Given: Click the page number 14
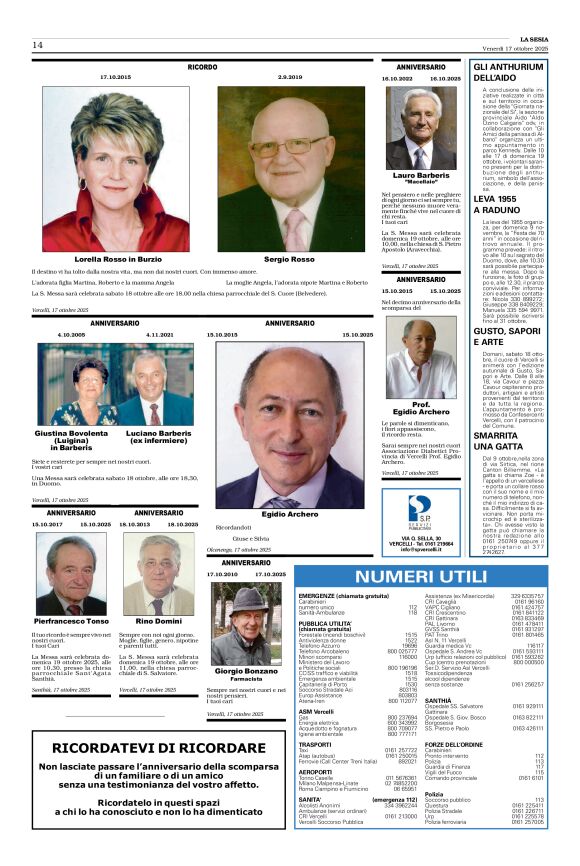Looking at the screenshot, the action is click(37, 45).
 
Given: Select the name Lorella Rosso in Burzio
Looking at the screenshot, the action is click(130, 259).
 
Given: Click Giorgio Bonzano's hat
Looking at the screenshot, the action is click(245, 597).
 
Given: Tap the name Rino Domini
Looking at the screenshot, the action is click(153, 621).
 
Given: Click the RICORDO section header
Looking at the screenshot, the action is click(202, 67).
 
